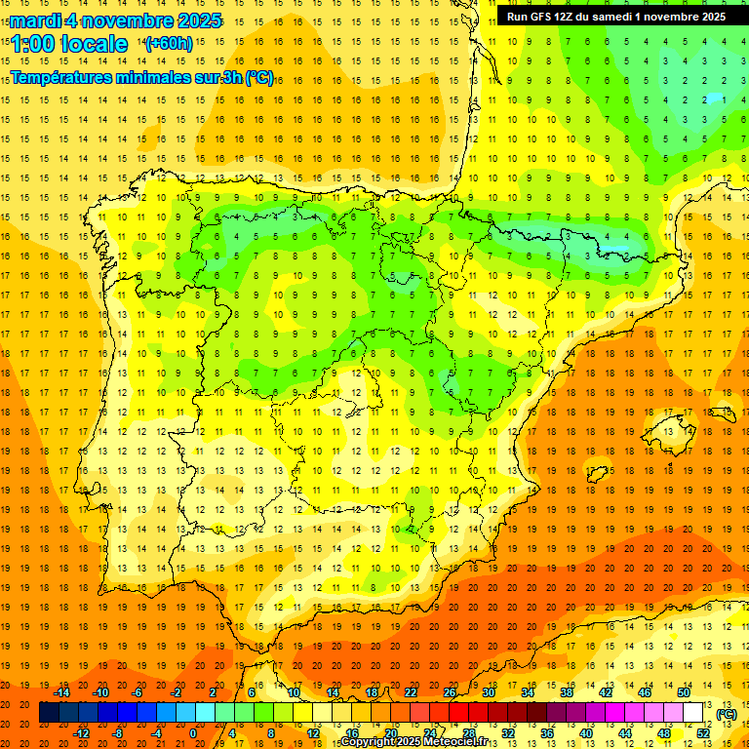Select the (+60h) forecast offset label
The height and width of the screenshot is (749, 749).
(169, 43)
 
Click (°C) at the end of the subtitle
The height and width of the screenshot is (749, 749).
(259, 78)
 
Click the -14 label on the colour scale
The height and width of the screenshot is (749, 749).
(61, 692)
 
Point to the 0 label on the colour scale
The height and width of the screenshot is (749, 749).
(193, 733)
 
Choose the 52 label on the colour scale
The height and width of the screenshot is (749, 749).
(702, 733)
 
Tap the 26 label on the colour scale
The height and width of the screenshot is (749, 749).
(450, 692)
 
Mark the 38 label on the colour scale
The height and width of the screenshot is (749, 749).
(566, 692)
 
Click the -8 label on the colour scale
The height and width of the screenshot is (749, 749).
(116, 733)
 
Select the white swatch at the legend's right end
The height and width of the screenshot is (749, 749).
(693, 713)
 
